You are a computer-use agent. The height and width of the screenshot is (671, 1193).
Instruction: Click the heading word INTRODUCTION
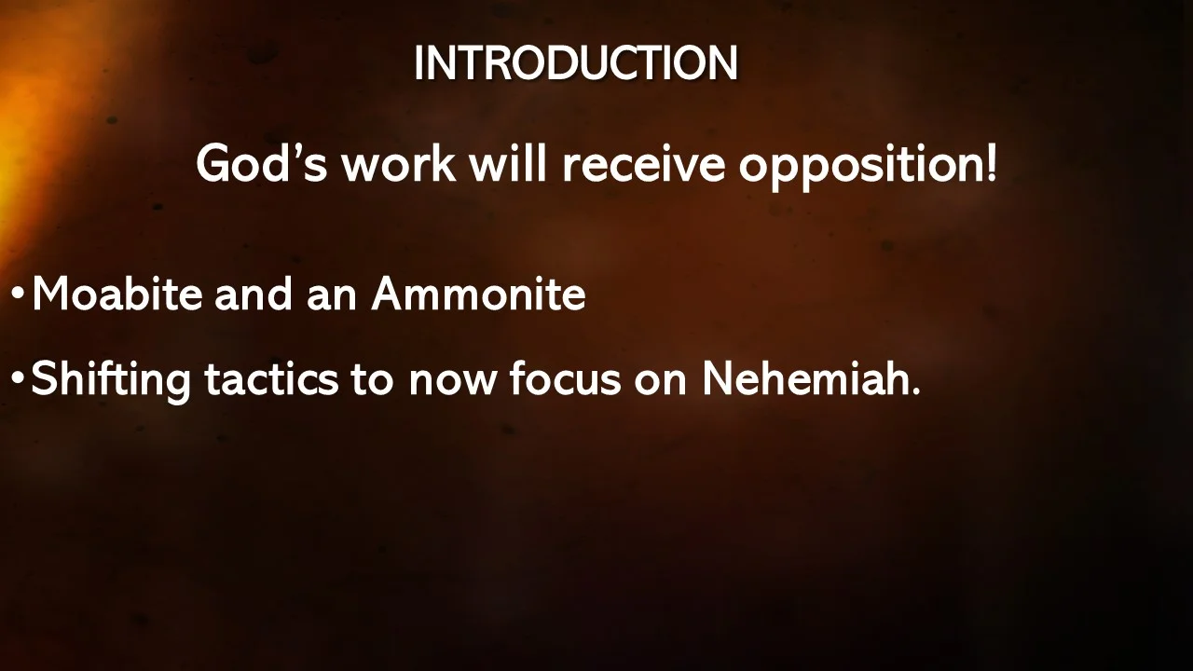pos(575,63)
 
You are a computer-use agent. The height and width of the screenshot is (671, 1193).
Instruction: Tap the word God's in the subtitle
pos(261,164)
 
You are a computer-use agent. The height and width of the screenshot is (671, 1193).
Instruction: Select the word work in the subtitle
pos(398,164)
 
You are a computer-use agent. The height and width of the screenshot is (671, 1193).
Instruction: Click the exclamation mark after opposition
pos(990,164)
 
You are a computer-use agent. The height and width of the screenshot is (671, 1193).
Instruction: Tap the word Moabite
pos(117,294)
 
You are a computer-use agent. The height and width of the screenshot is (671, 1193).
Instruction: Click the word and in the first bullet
pos(254,294)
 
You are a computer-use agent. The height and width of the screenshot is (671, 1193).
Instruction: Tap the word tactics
pos(271,378)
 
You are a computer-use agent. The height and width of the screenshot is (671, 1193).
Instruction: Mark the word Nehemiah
pos(810,378)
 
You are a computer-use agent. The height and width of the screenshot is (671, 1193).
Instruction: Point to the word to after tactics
pos(371,378)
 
